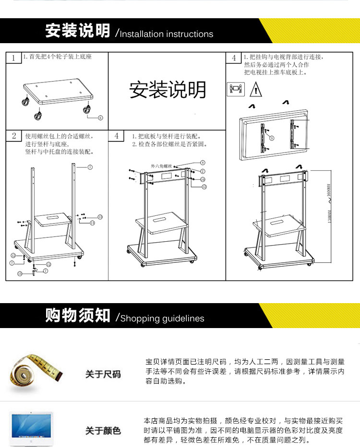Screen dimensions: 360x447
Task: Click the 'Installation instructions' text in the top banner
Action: click(166, 34)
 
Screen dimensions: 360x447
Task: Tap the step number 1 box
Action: click(13, 58)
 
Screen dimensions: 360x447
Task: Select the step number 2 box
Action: click(14, 136)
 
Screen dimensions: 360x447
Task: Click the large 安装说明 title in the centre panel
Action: click(168, 90)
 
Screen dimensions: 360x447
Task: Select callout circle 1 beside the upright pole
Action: click(90, 167)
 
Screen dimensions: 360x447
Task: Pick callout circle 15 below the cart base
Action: click(20, 273)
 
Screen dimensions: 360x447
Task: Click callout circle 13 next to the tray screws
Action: click(100, 217)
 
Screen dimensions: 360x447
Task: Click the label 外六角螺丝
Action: click(161, 165)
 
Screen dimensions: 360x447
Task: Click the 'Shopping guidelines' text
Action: click(162, 318)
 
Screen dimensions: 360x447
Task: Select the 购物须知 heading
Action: click(78, 315)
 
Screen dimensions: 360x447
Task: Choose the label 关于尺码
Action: click(103, 374)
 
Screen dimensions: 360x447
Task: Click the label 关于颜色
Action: click(103, 431)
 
